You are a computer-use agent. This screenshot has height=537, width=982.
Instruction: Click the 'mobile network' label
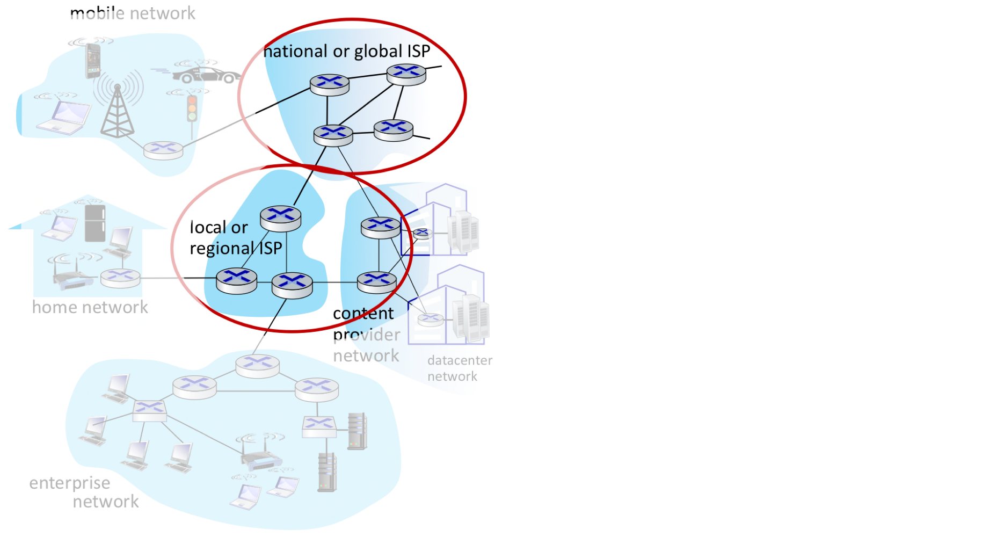point(133,13)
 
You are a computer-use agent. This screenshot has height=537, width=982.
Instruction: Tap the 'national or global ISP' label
point(347,51)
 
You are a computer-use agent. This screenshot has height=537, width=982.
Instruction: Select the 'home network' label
point(90,307)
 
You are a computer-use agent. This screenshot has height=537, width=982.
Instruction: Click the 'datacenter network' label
point(460,368)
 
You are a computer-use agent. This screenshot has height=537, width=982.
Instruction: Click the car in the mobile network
point(207,75)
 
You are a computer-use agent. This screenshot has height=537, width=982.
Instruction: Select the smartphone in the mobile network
point(93,60)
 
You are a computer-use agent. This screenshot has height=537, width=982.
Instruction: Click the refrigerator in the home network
point(95,223)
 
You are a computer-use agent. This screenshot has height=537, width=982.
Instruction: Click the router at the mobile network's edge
point(163,149)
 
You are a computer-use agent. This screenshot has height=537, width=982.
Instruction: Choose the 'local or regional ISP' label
point(235,238)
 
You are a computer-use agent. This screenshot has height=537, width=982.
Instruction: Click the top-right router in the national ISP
point(406,74)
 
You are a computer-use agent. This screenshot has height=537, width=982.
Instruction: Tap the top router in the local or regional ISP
point(280,217)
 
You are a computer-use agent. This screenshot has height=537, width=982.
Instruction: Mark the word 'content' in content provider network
point(363,314)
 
